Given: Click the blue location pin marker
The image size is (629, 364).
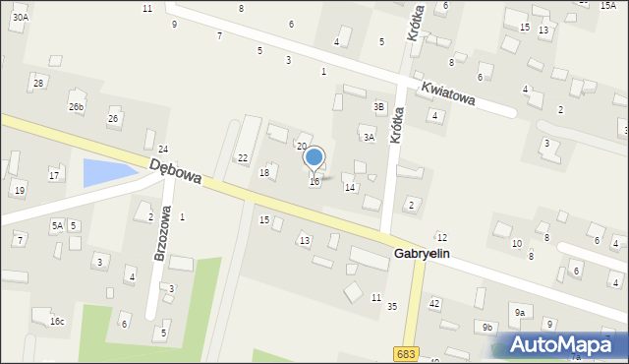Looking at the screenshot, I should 314,157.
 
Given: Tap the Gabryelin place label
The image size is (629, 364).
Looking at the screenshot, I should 422,253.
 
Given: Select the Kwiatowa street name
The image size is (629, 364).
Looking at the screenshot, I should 448,92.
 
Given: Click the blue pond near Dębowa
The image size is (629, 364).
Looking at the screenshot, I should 107,173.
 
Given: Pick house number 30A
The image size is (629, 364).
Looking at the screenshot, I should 20,17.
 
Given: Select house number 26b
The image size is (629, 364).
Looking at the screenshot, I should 76,106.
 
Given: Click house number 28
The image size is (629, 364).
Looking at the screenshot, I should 38,83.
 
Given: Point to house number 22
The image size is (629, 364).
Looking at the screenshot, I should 242,157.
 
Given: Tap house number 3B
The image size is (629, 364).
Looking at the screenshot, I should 378,106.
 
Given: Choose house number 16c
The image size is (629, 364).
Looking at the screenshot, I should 57,322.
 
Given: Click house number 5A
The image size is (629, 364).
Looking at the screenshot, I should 57,225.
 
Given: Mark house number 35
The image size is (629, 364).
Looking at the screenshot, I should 391,307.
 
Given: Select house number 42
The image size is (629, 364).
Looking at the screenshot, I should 434,303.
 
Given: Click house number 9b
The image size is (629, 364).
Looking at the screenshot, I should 486,327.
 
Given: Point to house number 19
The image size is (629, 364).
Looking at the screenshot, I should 19,190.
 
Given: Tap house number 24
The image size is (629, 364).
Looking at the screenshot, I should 163,149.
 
